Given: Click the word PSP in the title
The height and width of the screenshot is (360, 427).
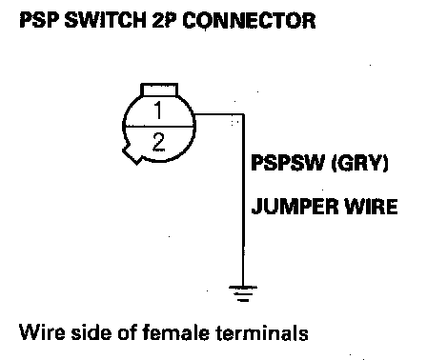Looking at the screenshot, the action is click(39, 21).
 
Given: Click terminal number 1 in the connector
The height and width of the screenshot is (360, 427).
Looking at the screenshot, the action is click(158, 110).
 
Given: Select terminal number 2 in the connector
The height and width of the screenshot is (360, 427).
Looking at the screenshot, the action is click(158, 142).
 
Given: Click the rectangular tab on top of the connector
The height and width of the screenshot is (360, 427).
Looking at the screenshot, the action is click(159, 90).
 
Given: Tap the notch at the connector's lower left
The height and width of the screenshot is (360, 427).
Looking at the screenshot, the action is click(132, 155).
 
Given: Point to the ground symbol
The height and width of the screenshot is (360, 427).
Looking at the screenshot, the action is click(243, 293).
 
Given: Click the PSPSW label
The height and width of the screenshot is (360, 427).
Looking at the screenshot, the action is click(287, 163).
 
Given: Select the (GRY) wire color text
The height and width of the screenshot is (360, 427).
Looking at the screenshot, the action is click(359, 163).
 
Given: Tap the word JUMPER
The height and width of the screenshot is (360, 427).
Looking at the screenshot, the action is click(295, 206).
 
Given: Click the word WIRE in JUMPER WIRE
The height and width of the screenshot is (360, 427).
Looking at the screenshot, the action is click(371, 206).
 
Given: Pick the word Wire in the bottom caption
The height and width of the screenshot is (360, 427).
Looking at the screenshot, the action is click(42, 332).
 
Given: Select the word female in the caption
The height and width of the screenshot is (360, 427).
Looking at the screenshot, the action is click(175, 332).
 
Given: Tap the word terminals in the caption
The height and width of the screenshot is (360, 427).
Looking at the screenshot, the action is click(262, 332).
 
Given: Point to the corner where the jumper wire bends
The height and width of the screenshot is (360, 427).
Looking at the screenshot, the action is click(243, 114).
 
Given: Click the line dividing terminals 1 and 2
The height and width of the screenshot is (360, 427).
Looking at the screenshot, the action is click(159, 127).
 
